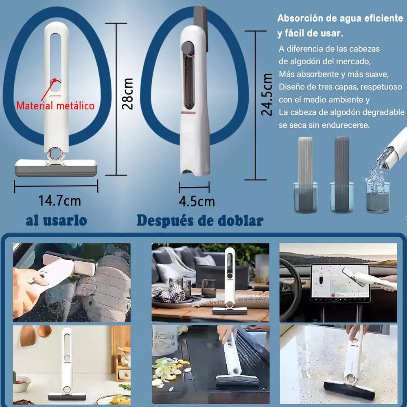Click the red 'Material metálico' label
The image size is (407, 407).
coord(55,106)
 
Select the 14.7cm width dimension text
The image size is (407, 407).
coord(59,201)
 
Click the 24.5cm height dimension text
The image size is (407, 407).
coord(267,95)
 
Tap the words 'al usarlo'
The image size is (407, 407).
coord(56,220)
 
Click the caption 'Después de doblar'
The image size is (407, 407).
coord(199,221)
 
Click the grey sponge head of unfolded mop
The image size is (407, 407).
coord(56,168)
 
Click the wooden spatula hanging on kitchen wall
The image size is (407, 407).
coord(28,336)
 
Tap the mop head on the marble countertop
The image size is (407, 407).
coord(349,390)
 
